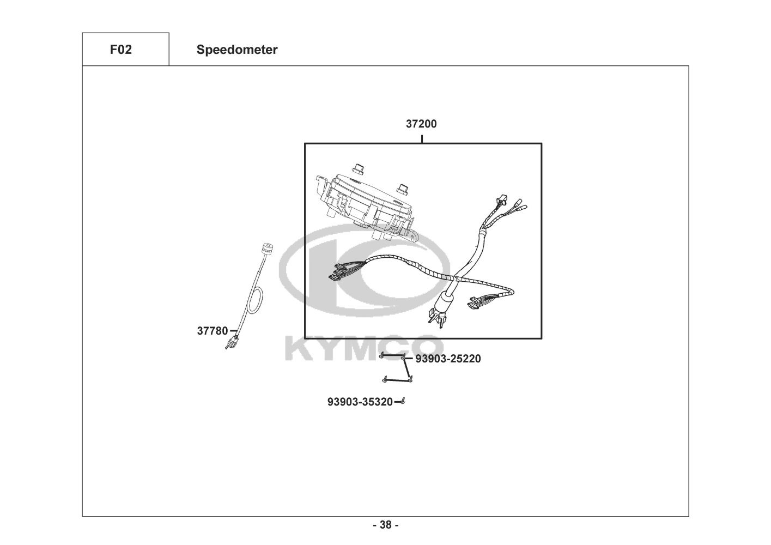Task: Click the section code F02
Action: pos(120,50)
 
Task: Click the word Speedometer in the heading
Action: pos(237,50)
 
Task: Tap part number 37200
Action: pos(421,124)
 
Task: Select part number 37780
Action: pos(213,330)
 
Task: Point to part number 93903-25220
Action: pos(448,359)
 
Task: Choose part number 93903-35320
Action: pos(360,402)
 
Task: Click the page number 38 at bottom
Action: pos(385,525)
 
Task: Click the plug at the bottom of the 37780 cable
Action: pos(233,342)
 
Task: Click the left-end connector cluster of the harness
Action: pos(338,271)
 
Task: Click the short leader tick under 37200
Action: pos(422,138)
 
